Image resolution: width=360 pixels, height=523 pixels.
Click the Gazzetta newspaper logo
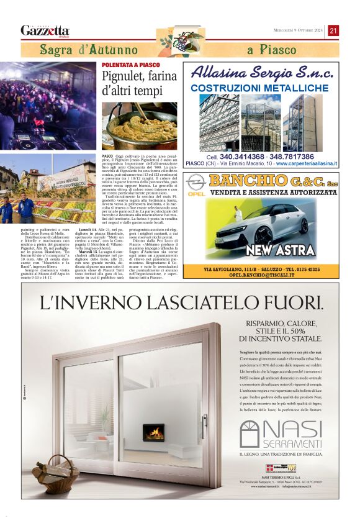(x=45, y=30)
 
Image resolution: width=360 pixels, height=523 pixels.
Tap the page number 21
(x=333, y=30)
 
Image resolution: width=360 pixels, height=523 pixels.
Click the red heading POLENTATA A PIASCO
(x=130, y=65)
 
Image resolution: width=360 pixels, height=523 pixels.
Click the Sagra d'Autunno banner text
(x=89, y=50)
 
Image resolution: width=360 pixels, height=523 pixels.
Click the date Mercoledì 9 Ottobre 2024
(x=299, y=30)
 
